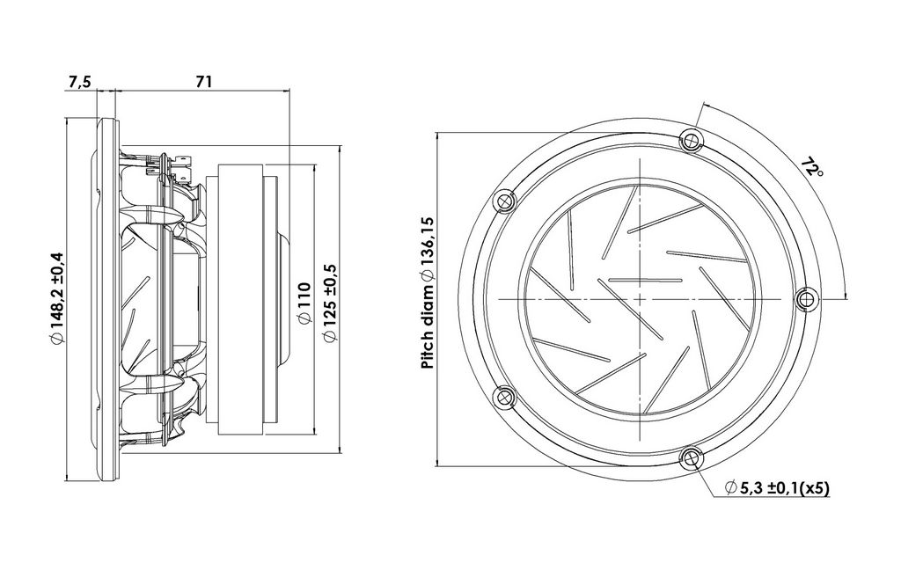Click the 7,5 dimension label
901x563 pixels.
coord(79,82)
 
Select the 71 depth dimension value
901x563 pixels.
coord(203,82)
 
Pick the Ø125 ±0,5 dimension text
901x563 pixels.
coord(330,303)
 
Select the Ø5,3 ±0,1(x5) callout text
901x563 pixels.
coord(778,489)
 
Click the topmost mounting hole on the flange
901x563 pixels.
coord(690,140)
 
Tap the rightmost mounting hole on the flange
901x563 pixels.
coord(808,299)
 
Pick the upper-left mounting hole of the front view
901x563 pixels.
coord(504,201)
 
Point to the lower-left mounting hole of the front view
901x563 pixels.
coord(504,397)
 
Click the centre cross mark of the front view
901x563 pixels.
coord(640,299)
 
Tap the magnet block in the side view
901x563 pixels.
coord(240,299)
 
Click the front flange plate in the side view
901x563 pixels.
coord(107,299)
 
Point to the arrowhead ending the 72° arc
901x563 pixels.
coord(846,295)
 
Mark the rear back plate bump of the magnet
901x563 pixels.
coord(285,299)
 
